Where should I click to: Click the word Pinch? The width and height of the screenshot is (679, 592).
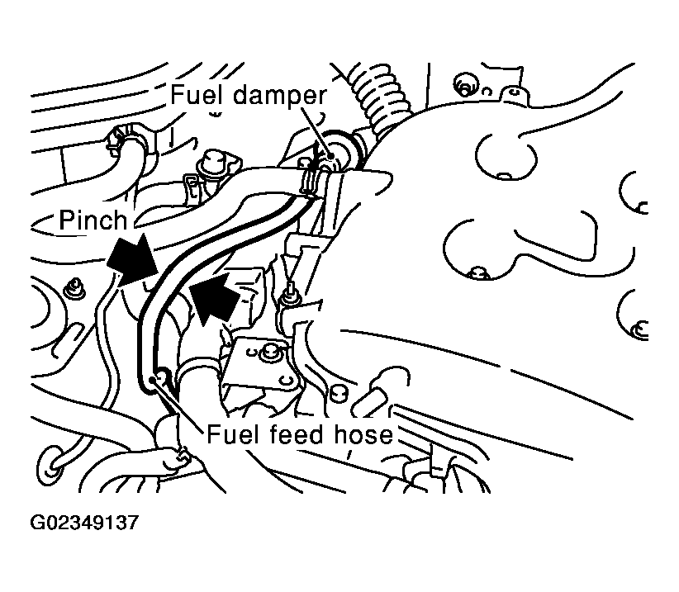[93, 220]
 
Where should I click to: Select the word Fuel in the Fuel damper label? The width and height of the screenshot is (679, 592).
[196, 95]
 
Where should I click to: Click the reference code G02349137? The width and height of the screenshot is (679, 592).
[84, 523]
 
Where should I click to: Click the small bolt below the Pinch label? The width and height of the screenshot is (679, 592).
[78, 287]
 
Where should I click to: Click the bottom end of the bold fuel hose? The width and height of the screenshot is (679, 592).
[154, 380]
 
